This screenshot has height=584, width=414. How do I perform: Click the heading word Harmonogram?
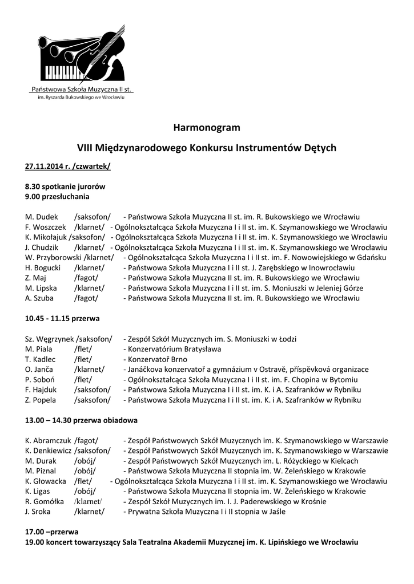tap(207, 127)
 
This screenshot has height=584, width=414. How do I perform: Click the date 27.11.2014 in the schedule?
tap(44, 166)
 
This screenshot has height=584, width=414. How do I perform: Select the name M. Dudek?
tap(38, 217)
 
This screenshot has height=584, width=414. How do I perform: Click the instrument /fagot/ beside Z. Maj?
tap(86, 278)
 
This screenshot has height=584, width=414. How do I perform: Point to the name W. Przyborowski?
tap(50, 257)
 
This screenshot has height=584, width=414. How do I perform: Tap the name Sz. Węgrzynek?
tap(50, 339)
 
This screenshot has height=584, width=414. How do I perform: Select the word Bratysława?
tap(200, 349)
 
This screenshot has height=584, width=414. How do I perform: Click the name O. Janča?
tap(39, 370)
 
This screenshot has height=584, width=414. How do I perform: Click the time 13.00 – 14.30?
tap(49, 420)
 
